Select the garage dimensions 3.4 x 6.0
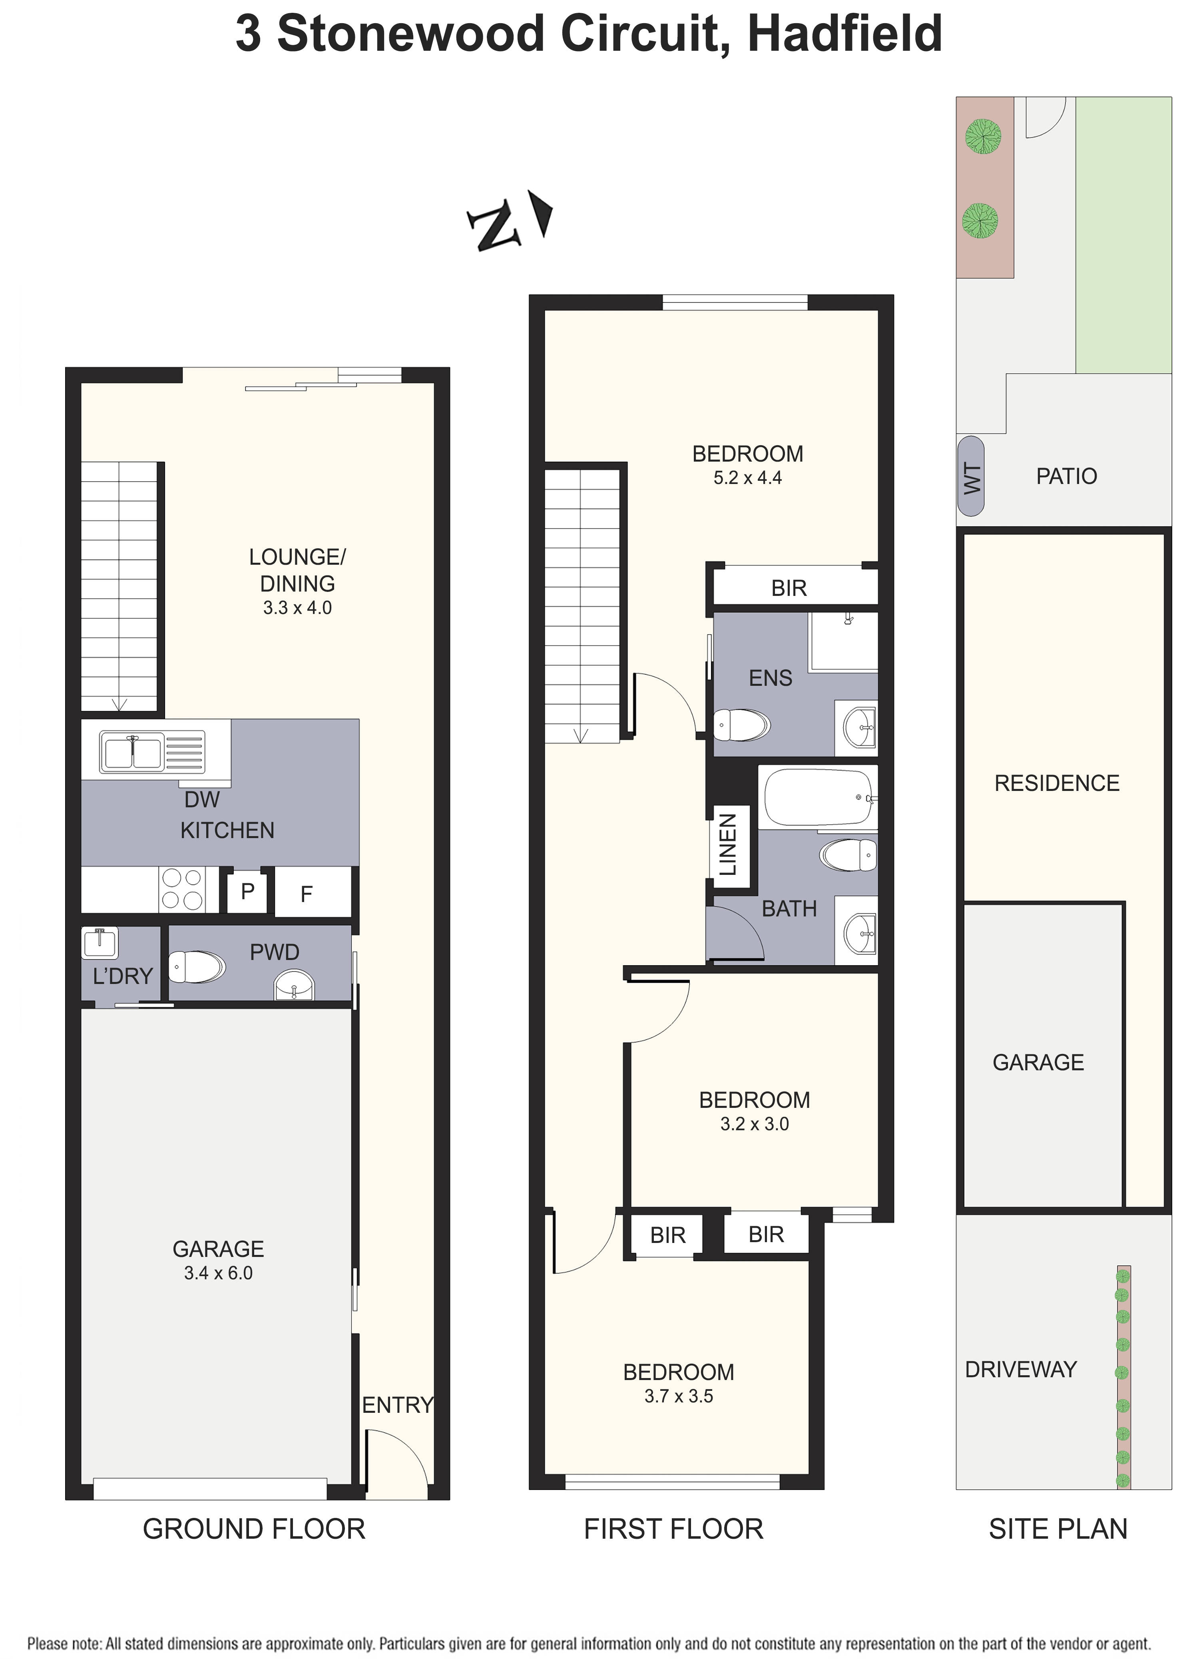[x=218, y=1273]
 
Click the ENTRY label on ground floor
[x=397, y=1405]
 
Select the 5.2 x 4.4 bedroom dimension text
[x=748, y=478]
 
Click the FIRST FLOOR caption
[x=673, y=1530]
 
